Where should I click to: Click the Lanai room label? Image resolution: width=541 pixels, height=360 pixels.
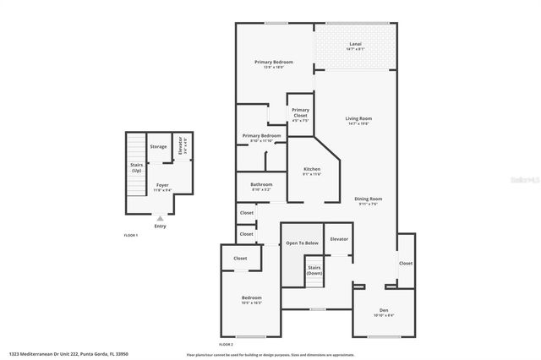click(355, 45)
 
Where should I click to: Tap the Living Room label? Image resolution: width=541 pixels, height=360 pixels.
click(358, 119)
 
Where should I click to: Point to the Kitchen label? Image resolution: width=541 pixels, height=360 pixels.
click(312, 171)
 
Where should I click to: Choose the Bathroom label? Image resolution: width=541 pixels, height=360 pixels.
click(261, 185)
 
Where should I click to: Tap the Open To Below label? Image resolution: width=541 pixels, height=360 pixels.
click(301, 243)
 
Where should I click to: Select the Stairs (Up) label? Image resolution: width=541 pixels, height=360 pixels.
click(135, 167)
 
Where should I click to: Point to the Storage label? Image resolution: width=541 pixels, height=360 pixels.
click(158, 147)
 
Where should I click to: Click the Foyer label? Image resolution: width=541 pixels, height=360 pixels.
click(162, 186)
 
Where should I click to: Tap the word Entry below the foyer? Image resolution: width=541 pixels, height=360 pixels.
click(161, 226)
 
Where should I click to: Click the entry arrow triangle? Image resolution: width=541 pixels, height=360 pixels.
click(161, 218)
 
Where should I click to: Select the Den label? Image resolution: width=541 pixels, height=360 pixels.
click(383, 311)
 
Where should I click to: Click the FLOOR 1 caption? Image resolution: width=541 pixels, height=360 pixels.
click(131, 235)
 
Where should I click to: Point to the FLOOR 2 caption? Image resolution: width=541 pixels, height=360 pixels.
click(226, 345)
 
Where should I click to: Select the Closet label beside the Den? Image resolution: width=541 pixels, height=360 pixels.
click(406, 263)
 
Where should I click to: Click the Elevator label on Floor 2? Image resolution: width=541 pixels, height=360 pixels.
click(339, 239)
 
